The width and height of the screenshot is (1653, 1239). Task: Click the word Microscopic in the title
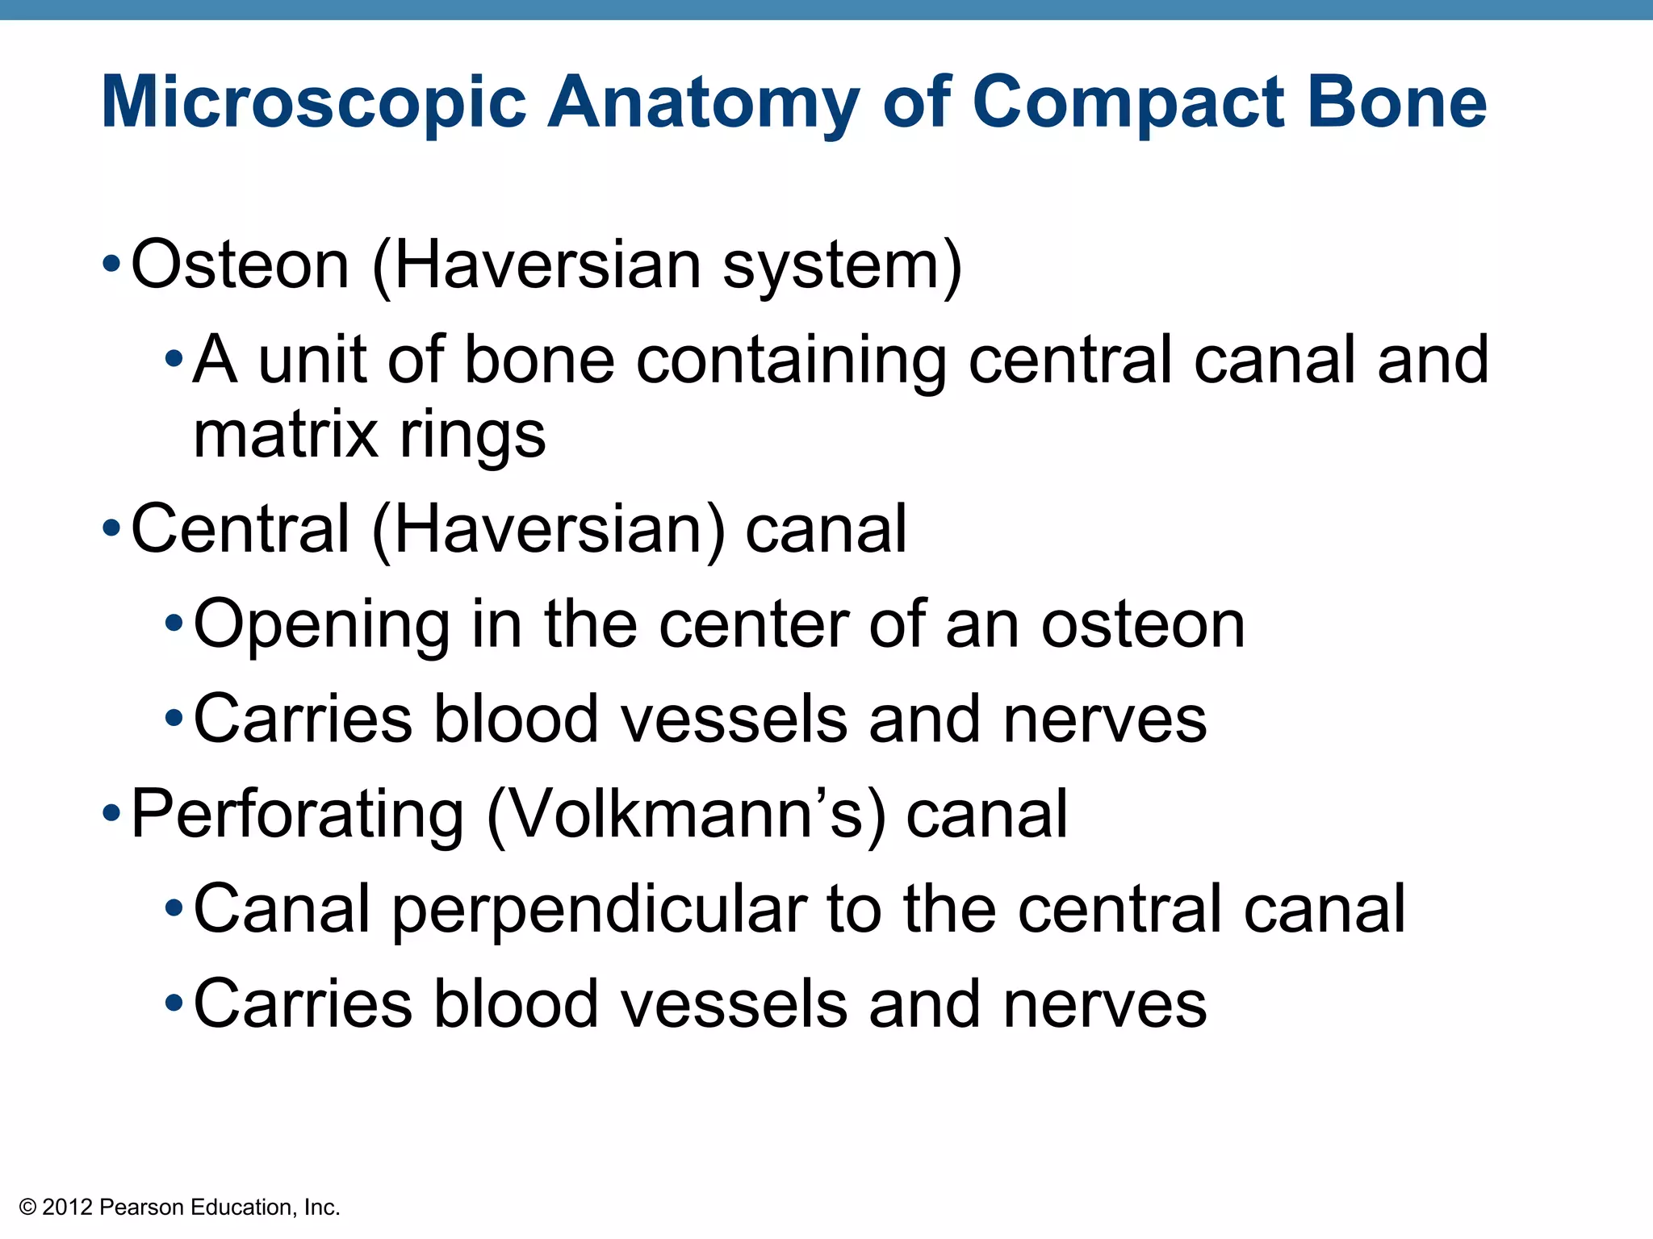[x=313, y=103]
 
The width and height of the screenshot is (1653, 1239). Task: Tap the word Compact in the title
[x=1127, y=102]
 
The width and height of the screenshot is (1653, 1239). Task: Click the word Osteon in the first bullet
[x=240, y=265]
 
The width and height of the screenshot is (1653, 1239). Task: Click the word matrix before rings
[x=286, y=435]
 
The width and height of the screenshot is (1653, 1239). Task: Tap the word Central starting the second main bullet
[x=241, y=529]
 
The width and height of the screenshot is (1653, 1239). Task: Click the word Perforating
[x=297, y=816]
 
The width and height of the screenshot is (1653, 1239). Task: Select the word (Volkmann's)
[x=687, y=814]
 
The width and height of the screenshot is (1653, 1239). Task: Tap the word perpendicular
[x=600, y=909]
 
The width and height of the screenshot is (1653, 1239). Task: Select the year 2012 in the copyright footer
[x=68, y=1208]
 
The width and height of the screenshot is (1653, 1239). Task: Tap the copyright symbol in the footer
[x=28, y=1208]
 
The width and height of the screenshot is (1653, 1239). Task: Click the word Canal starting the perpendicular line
[x=282, y=909]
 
